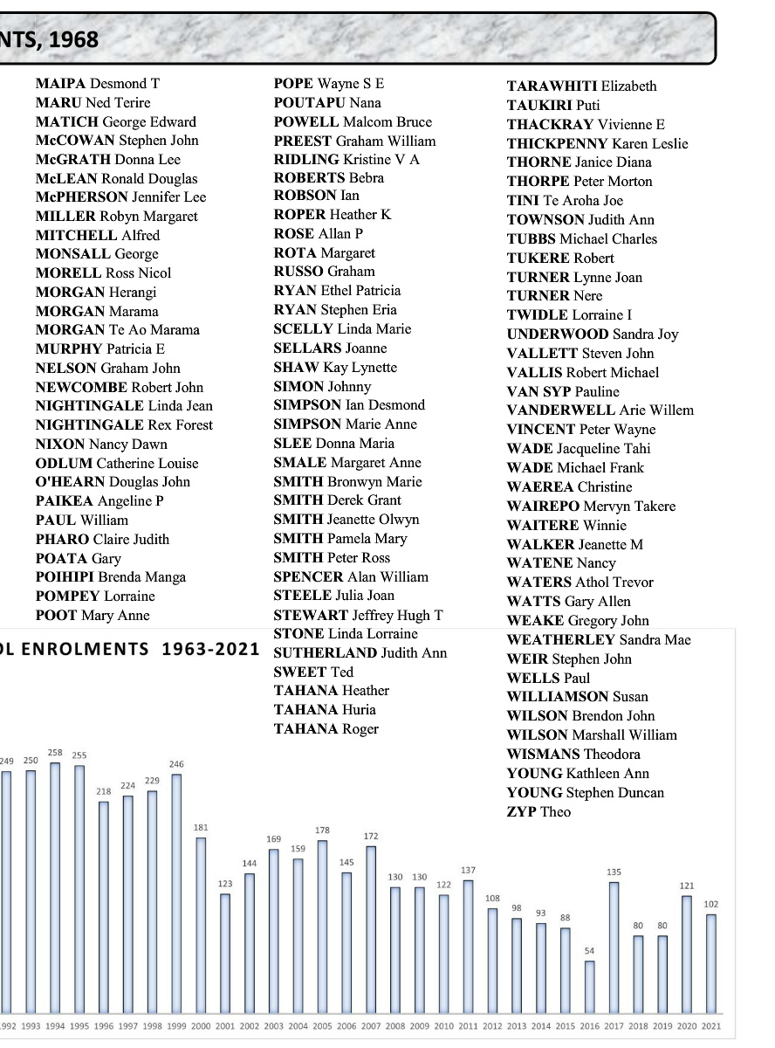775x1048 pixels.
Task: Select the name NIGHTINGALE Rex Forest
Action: (x=124, y=425)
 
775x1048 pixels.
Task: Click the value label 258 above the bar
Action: (x=55, y=753)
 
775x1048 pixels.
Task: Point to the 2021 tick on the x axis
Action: (x=712, y=1025)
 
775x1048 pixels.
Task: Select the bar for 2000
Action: (x=201, y=927)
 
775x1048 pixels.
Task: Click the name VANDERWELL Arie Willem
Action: (x=600, y=410)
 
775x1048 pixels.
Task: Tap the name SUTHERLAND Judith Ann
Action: (x=360, y=653)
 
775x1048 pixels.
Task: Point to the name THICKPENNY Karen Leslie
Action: (x=597, y=144)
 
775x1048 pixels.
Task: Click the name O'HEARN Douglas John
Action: (x=113, y=482)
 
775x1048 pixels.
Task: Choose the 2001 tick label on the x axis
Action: (x=225, y=1025)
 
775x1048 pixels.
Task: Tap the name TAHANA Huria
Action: (x=325, y=710)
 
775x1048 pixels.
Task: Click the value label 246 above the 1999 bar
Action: (x=176, y=763)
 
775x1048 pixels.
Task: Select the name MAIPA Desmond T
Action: (x=98, y=84)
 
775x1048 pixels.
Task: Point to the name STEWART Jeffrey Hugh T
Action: (x=358, y=616)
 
